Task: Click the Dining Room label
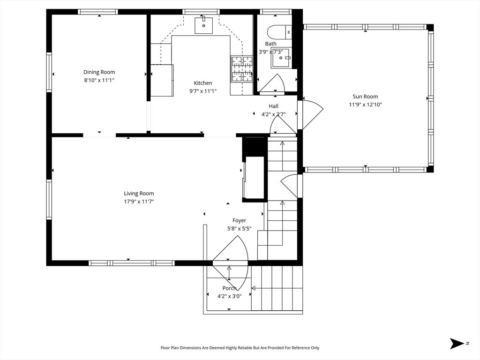click(x=99, y=72)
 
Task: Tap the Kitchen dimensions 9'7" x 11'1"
click(x=203, y=91)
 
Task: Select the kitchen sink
click(x=203, y=25)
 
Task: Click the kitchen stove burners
click(x=242, y=69)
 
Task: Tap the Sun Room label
click(x=365, y=97)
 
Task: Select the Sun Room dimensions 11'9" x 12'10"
click(x=365, y=105)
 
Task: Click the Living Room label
click(x=139, y=194)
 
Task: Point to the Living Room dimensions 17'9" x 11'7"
click(x=139, y=202)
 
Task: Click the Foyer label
click(x=239, y=220)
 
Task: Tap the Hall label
click(x=273, y=106)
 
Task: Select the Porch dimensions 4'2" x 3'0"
click(x=229, y=296)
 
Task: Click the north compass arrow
click(x=457, y=344)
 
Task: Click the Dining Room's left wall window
click(x=49, y=72)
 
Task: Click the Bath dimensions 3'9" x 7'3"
click(x=270, y=52)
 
